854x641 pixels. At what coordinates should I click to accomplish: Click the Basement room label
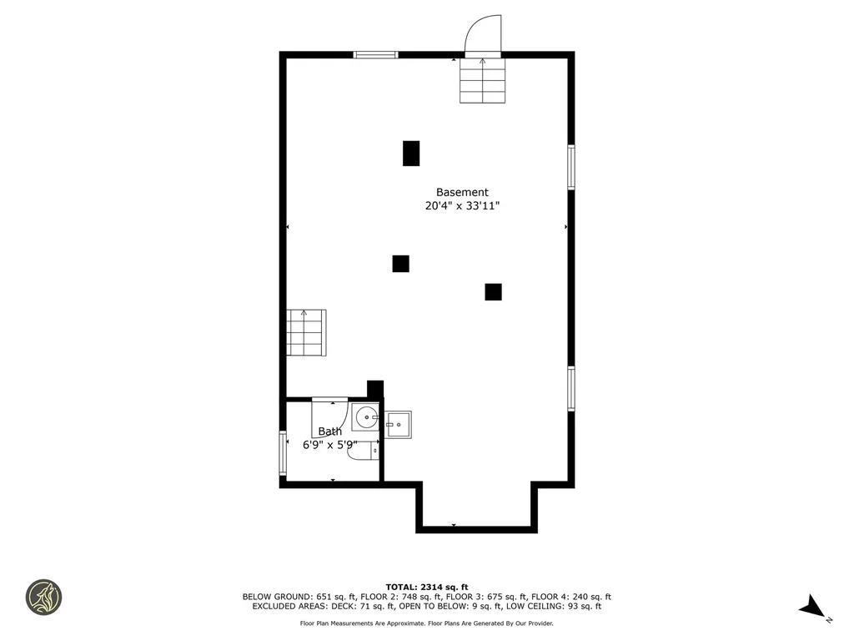pyautogui.click(x=462, y=193)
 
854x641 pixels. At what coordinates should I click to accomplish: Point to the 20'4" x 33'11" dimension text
pyautogui.click(x=462, y=206)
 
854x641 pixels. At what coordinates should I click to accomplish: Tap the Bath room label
pyautogui.click(x=330, y=432)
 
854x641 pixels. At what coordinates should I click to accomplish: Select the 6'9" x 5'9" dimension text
pyautogui.click(x=330, y=445)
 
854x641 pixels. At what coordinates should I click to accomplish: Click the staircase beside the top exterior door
pyautogui.click(x=483, y=80)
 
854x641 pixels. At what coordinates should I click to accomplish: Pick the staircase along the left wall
pyautogui.click(x=306, y=332)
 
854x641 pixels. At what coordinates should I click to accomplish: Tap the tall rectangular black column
pyautogui.click(x=411, y=154)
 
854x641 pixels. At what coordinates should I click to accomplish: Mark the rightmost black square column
pyautogui.click(x=494, y=292)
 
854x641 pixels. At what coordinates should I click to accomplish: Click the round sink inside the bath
pyautogui.click(x=365, y=417)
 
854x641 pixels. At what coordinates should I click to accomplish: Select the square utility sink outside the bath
pyautogui.click(x=398, y=425)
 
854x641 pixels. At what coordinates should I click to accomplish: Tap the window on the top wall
pyautogui.click(x=376, y=54)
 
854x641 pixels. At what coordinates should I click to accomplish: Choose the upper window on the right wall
pyautogui.click(x=570, y=167)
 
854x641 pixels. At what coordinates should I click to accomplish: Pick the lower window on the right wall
pyautogui.click(x=570, y=389)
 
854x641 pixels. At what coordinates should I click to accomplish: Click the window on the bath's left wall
pyautogui.click(x=283, y=453)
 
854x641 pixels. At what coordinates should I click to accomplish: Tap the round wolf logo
pyautogui.click(x=43, y=598)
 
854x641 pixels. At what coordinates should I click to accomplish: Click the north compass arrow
pyautogui.click(x=812, y=607)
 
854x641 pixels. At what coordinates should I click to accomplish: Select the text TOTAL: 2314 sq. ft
pyautogui.click(x=427, y=587)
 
